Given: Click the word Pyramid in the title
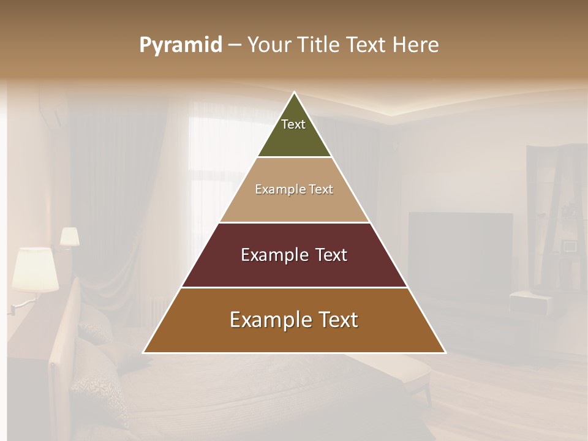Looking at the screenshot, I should tap(180, 45).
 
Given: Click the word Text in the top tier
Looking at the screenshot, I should tap(293, 124).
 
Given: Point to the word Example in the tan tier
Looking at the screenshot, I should tap(274, 189).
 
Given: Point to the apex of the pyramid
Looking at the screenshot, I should tap(295, 94).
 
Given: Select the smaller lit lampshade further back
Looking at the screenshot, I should tap(69, 236).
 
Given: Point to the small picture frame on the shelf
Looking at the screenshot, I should tap(570, 246).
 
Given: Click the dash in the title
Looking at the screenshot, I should tap(235, 45).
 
